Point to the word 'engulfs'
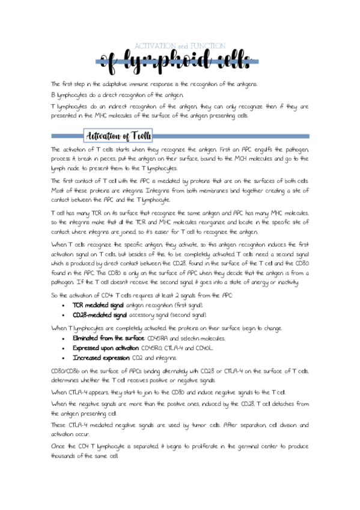pos(257,149)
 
